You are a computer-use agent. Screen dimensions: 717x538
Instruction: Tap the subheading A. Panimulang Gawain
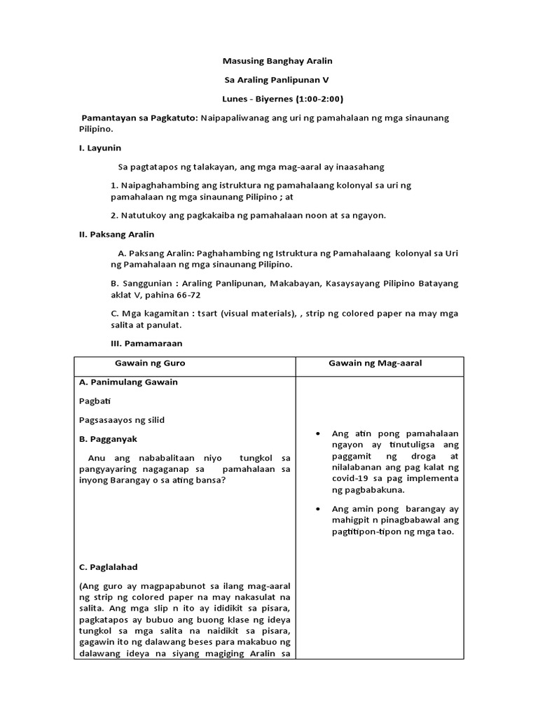tap(128, 382)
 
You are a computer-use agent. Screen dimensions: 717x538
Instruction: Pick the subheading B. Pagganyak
tap(109, 439)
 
